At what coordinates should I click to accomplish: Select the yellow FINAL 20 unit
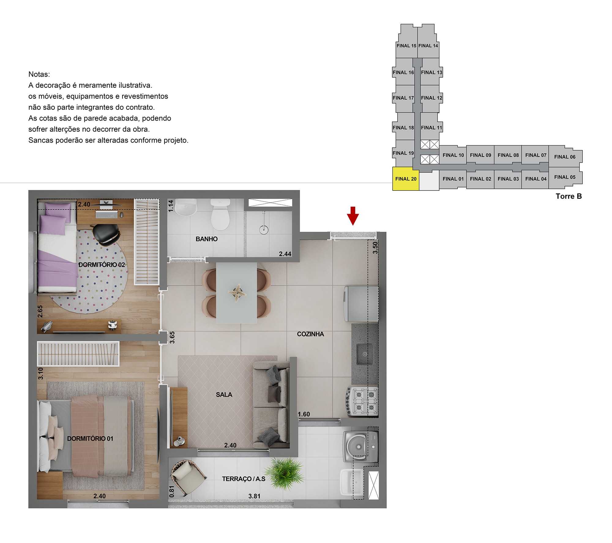tap(405, 179)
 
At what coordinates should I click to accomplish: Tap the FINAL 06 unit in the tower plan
tap(565, 157)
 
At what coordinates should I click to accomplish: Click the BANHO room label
tap(207, 239)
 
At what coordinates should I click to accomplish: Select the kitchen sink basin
tap(364, 354)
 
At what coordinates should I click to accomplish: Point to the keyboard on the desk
tap(106, 215)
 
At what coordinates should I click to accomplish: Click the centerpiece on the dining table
tap(237, 293)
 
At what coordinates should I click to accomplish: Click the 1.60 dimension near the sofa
tap(304, 414)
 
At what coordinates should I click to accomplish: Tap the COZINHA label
tap(310, 334)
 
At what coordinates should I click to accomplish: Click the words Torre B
tap(569, 196)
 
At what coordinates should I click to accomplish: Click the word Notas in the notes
tap(39, 74)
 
